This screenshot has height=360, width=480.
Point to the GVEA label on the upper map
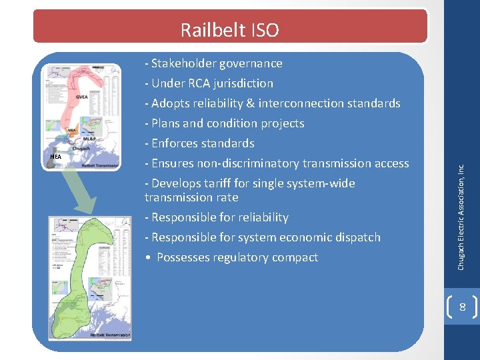(x=81, y=97)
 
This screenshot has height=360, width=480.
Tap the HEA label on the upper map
(x=55, y=157)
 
